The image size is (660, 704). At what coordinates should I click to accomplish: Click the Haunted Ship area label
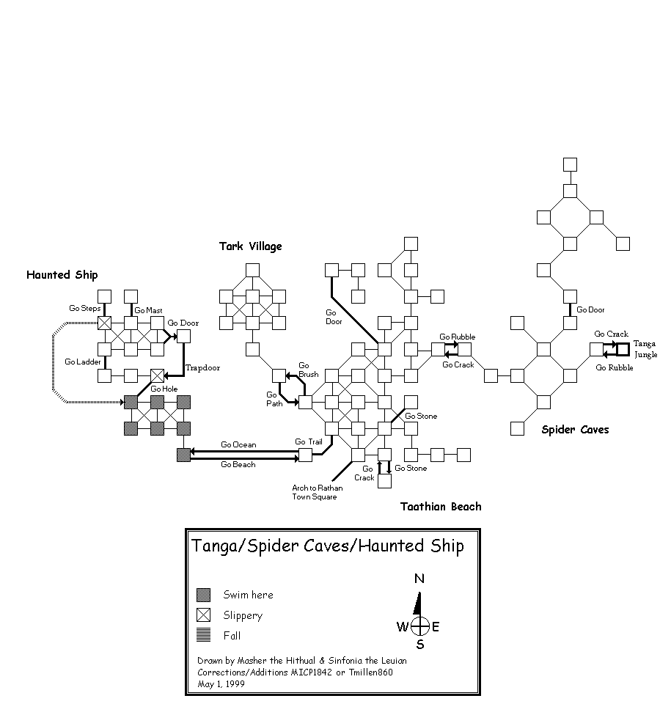click(x=62, y=275)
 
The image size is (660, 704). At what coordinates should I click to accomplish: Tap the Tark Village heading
click(x=250, y=246)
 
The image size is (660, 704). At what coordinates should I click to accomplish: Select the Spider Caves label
click(x=575, y=430)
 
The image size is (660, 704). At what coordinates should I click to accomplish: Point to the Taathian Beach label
click(x=441, y=507)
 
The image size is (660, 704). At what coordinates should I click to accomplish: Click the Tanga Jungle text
click(x=645, y=348)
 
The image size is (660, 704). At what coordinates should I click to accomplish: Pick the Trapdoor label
click(x=202, y=367)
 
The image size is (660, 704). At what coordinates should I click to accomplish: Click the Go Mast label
click(x=148, y=310)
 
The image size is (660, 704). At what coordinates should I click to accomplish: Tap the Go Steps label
click(x=84, y=309)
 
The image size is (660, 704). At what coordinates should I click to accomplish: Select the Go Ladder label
click(x=81, y=362)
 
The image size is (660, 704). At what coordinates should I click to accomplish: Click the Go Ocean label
click(x=238, y=444)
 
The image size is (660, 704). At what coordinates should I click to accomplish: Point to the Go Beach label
click(x=238, y=464)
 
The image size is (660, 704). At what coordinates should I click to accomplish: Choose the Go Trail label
click(x=309, y=441)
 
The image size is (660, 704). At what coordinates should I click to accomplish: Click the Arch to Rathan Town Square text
click(x=315, y=492)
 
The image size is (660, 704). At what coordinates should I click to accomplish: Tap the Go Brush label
click(x=309, y=370)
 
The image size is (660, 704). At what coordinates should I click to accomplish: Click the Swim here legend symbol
click(x=204, y=595)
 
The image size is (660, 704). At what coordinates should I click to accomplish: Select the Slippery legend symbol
click(x=204, y=615)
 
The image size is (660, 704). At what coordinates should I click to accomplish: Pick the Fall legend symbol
click(x=204, y=636)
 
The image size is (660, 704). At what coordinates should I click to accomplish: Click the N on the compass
click(x=419, y=579)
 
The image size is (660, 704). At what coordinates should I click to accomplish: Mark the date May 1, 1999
click(x=221, y=683)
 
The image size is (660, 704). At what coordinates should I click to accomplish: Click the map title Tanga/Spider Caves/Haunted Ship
click(x=327, y=546)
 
